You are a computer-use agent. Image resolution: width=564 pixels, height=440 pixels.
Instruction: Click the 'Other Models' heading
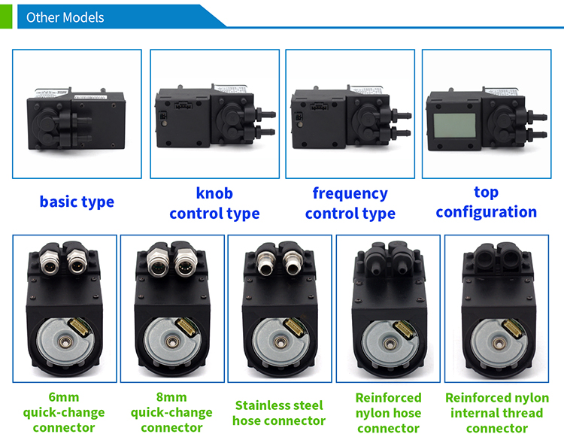click(x=65, y=17)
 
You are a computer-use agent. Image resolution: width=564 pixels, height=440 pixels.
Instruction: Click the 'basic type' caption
click(x=77, y=202)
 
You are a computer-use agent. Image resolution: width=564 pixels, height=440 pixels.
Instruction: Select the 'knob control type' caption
click(x=214, y=203)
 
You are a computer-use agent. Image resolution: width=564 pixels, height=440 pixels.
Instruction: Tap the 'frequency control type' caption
click(x=350, y=203)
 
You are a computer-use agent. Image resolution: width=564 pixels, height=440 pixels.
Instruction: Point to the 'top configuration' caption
click(x=486, y=202)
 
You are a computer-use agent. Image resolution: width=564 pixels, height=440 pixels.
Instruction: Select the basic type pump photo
click(x=76, y=114)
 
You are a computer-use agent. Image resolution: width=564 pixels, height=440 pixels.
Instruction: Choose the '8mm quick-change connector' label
click(x=171, y=412)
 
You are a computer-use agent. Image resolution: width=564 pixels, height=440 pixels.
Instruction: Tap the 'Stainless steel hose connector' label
click(x=279, y=412)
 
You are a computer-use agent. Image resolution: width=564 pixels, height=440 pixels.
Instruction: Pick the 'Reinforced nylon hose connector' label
click(x=388, y=412)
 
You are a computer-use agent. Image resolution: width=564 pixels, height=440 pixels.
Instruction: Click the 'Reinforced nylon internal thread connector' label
click(x=496, y=412)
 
